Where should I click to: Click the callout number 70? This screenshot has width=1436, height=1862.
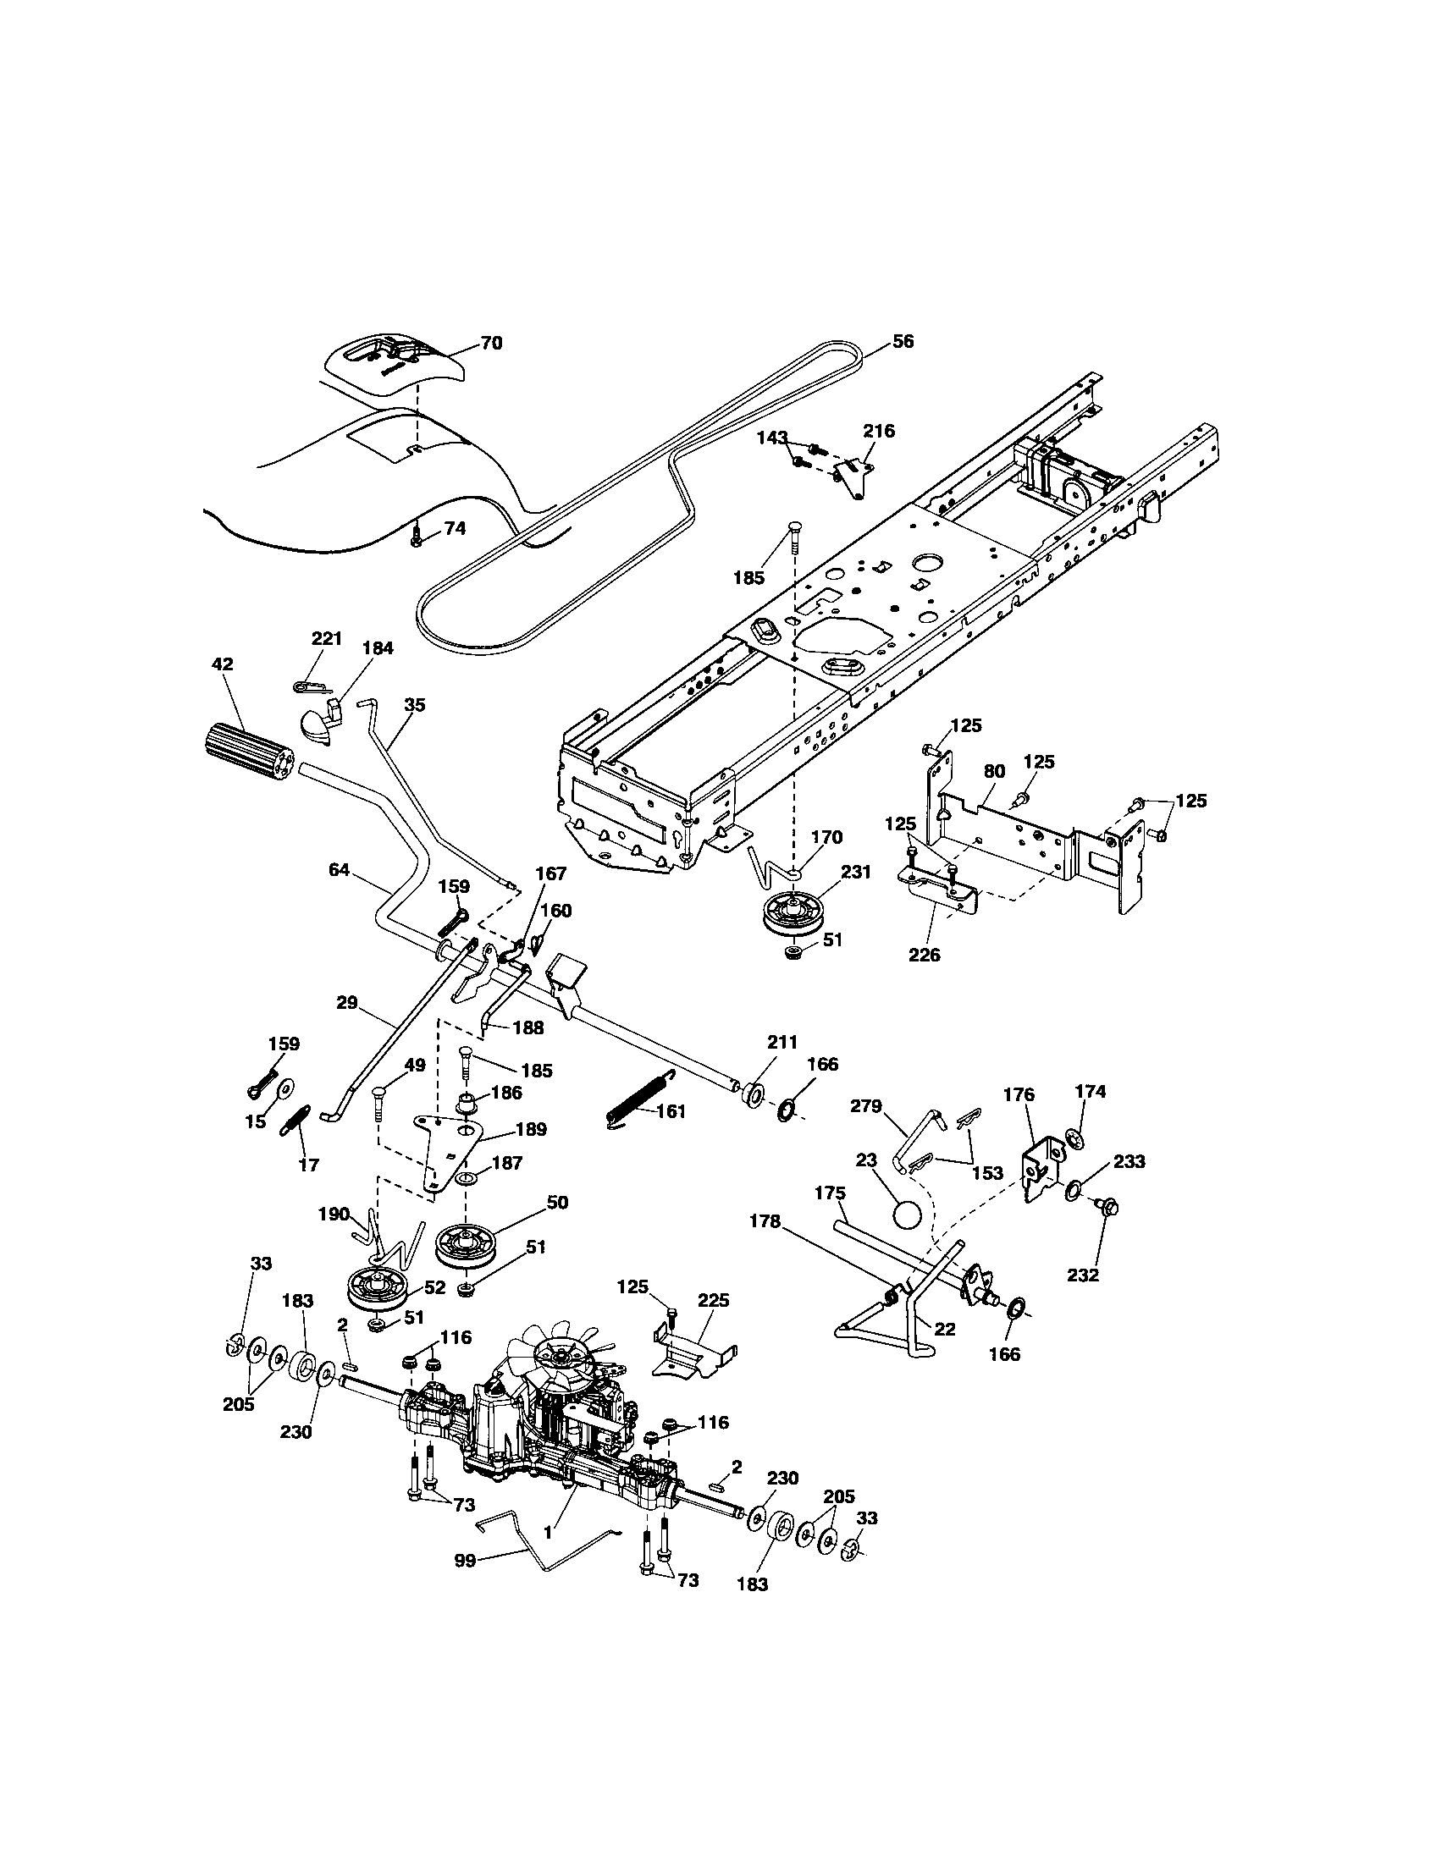coord(491,344)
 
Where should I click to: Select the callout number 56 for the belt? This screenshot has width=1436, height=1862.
coord(903,342)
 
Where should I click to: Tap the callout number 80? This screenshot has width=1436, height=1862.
coord(994,772)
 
